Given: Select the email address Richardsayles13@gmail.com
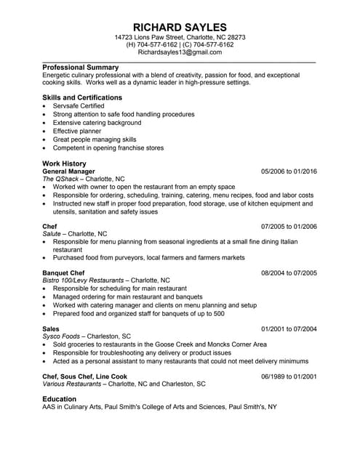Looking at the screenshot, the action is (180, 53).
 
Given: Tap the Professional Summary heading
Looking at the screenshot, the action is (80, 68).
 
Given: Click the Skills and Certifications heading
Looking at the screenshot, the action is (82, 97).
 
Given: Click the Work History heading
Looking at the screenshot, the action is (64, 163).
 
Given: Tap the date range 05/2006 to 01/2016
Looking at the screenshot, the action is (289, 171).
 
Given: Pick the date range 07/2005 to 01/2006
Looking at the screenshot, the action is (289, 226).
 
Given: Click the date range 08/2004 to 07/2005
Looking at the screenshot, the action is (289, 272).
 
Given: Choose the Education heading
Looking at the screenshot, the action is (61, 399).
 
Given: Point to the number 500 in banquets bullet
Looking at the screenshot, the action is (218, 313).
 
